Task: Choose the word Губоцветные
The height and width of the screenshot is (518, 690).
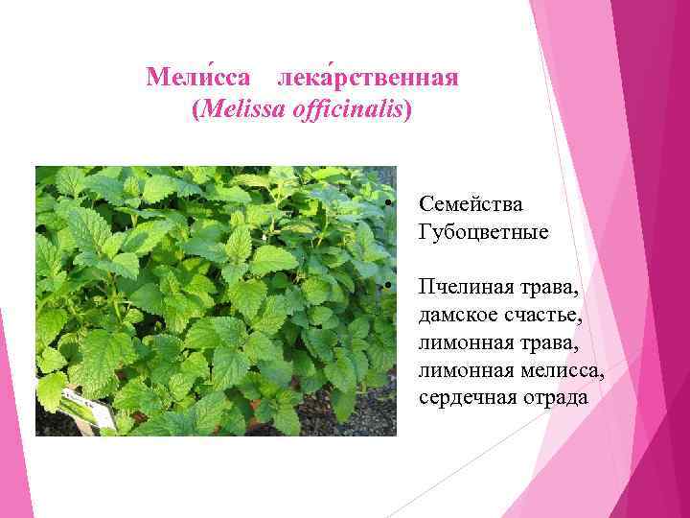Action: pos(484,232)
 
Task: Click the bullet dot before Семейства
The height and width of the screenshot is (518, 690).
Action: pos(388,204)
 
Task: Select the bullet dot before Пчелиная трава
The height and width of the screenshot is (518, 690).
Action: pos(388,287)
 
